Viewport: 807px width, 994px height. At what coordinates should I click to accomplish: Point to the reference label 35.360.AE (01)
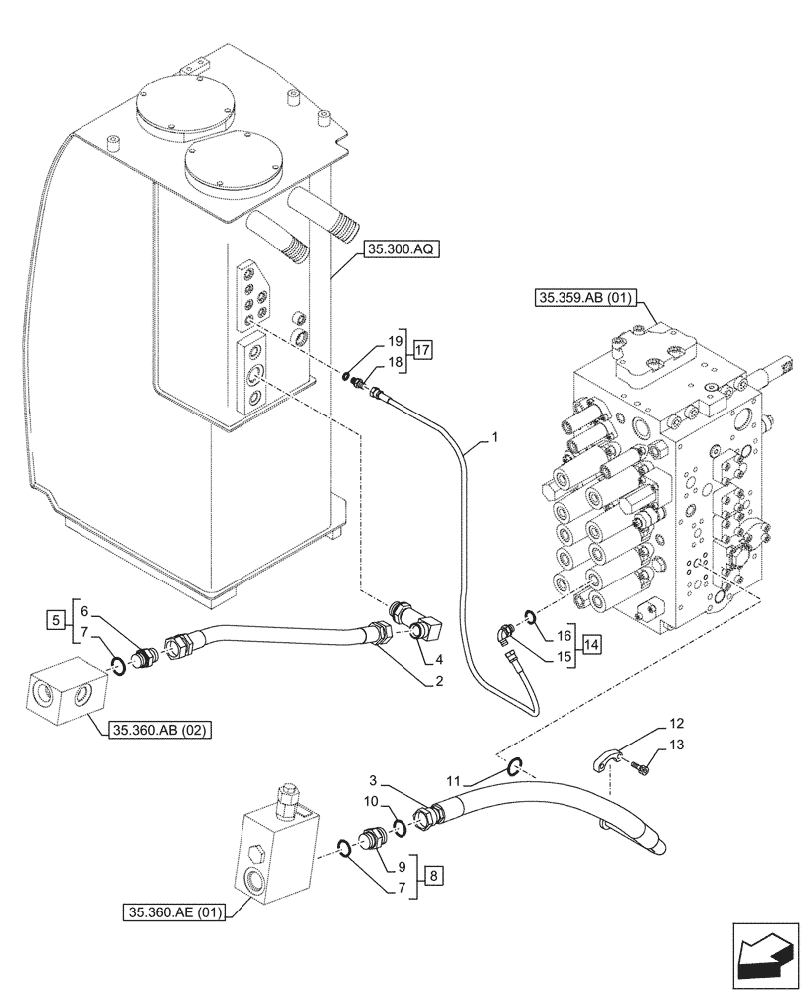pyautogui.click(x=175, y=910)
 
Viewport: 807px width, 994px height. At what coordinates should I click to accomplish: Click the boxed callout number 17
pyautogui.click(x=423, y=349)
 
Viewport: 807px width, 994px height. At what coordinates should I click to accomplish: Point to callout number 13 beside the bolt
pyautogui.click(x=675, y=745)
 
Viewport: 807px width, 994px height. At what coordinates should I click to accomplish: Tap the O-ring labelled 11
pyautogui.click(x=514, y=765)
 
